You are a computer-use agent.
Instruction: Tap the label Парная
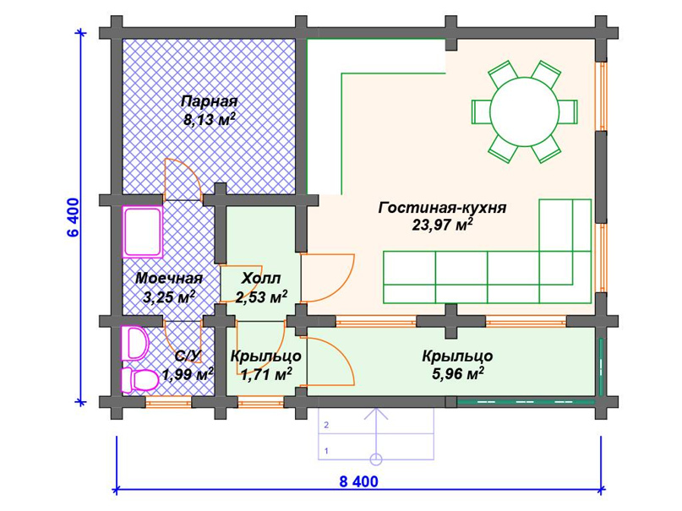point(209,102)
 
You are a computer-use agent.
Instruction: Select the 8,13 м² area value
point(209,120)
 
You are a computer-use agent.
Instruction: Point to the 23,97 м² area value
point(442,225)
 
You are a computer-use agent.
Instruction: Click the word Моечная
point(169,279)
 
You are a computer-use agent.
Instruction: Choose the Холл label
point(259,279)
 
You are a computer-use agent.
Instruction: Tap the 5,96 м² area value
point(457,373)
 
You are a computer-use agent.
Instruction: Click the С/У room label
point(186,356)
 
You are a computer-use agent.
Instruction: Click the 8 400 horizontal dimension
point(358,482)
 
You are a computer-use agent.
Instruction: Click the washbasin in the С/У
point(134,343)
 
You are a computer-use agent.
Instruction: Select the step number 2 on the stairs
point(325,425)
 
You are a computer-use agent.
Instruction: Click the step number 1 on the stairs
point(325,450)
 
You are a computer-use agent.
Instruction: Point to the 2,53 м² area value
point(261,296)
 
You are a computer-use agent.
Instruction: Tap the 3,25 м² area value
point(169,296)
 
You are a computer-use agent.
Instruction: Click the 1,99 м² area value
point(187,373)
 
